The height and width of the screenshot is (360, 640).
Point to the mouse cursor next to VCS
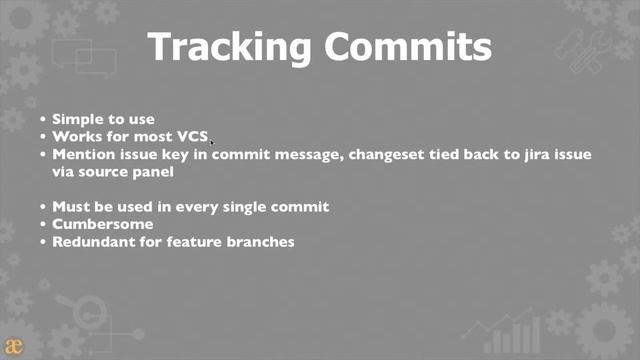click(x=212, y=142)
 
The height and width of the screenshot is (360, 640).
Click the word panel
click(x=153, y=171)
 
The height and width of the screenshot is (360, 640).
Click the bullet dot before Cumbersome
click(x=43, y=224)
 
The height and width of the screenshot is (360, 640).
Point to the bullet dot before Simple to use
click(x=43, y=119)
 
